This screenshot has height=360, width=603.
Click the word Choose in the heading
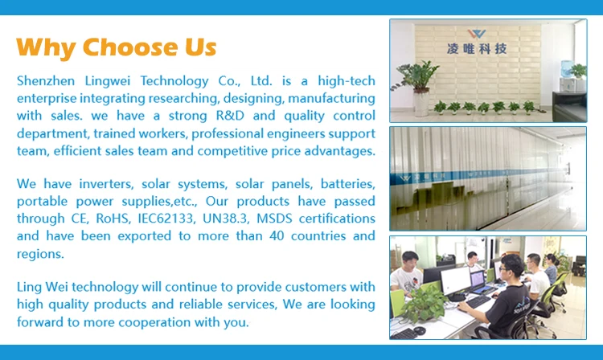130,47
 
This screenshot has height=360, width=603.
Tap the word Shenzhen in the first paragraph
46,81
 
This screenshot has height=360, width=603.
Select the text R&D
230,116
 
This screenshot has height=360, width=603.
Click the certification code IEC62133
166,219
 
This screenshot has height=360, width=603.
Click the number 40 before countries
277,236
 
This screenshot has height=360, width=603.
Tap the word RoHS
112,219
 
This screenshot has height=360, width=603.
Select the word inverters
106,184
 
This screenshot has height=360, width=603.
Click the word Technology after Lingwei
174,81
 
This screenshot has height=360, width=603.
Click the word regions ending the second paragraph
40,254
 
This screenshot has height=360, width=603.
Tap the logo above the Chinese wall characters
477,34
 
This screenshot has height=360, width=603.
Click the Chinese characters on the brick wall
477,49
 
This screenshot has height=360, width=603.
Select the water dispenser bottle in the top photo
567,69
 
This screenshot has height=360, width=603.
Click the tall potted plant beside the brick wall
418,88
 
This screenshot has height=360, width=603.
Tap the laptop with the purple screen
478,281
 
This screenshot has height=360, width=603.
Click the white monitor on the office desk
455,282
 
